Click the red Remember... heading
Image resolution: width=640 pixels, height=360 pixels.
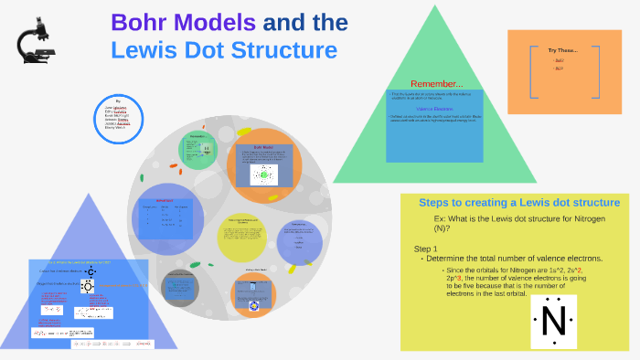435,84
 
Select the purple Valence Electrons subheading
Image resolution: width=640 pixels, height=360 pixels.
434,109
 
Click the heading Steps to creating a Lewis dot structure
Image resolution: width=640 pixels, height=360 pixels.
518,202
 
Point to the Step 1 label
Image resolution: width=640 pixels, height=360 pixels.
426,249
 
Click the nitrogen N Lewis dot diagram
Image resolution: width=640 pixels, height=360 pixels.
554,321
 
